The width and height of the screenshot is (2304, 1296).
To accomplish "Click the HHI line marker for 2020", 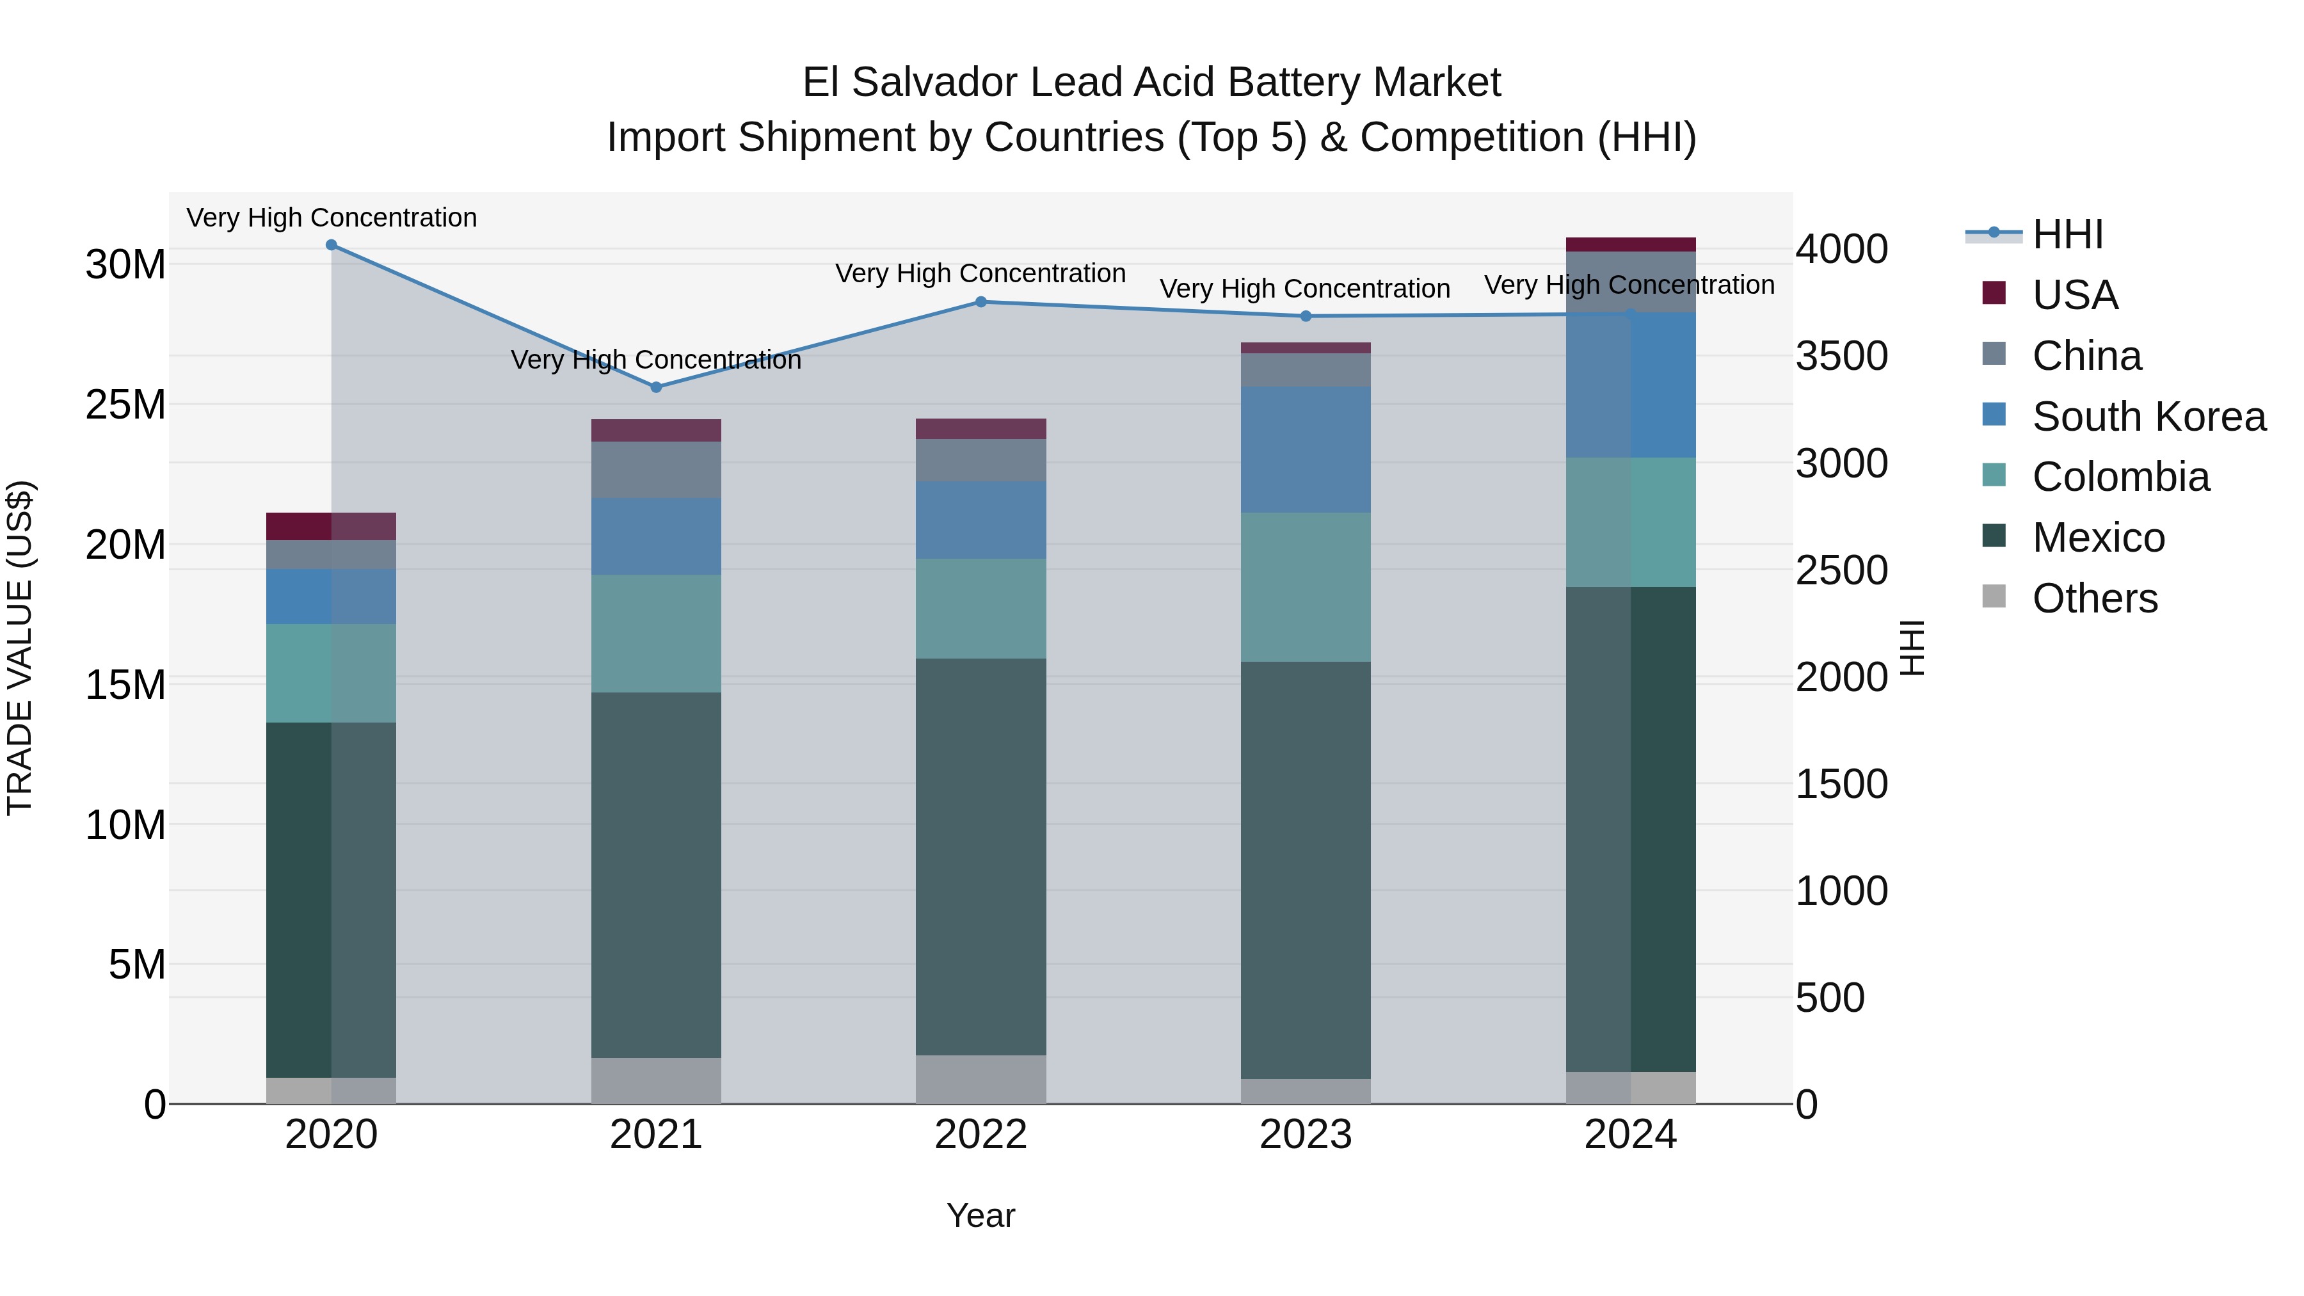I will tap(331, 245).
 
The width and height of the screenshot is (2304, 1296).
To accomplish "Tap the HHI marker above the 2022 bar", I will tap(980, 302).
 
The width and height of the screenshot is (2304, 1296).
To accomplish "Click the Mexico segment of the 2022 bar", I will tap(980, 857).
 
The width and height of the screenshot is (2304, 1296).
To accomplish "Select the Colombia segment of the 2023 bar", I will tap(1305, 587).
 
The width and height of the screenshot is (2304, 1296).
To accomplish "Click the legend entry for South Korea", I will tap(2147, 417).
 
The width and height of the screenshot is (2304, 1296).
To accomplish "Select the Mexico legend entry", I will tap(2097, 538).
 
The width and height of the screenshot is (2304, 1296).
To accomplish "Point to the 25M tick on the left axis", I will tap(125, 405).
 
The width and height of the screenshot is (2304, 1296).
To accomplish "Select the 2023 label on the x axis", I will tap(1305, 1135).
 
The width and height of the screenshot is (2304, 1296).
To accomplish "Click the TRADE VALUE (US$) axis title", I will tap(20, 648).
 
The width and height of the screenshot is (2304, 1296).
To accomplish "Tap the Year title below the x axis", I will tap(980, 1215).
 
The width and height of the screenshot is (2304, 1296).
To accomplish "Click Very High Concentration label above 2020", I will tap(331, 218).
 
